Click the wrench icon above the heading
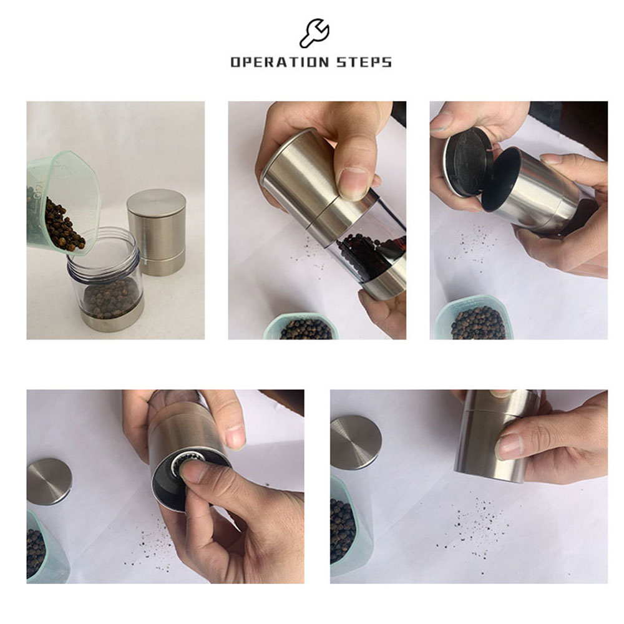coord(314,33)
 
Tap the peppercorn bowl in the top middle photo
coord(305,326)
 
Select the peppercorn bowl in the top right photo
coord(475,318)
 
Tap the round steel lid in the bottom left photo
coord(49,482)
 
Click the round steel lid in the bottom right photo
coord(356,442)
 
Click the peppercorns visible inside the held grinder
coord(368,255)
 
